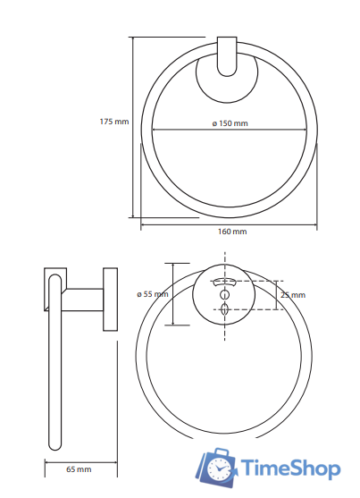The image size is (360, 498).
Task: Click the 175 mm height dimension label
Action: (114, 122)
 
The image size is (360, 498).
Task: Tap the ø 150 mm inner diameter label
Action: (230, 122)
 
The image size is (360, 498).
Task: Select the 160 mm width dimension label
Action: (232, 232)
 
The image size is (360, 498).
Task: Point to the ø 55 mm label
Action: (153, 294)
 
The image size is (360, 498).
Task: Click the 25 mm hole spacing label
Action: (293, 295)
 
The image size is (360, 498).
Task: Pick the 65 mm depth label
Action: (79, 469)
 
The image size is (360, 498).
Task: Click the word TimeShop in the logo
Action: (290, 468)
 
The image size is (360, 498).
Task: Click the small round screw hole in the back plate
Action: (225, 294)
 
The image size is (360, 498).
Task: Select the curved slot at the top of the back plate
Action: (225, 282)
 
